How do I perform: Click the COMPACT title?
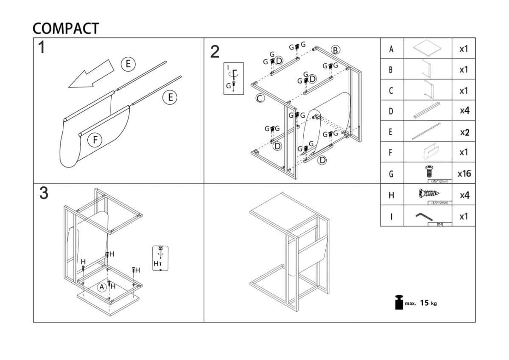pos(66,28)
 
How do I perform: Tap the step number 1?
pos(41,48)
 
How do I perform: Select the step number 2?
pos(215,52)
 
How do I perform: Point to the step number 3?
pos(43,193)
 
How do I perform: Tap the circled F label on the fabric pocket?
pos(95,140)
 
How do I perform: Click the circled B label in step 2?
pos(336,50)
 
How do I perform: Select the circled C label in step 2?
pos(260,98)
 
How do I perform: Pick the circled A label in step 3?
pos(102,287)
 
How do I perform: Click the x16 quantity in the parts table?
pos(464,174)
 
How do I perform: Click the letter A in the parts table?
pos(391,49)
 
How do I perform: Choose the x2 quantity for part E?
pos(464,132)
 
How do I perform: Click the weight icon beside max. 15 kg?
pos(398,302)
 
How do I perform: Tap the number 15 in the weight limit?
pos(424,303)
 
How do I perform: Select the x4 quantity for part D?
pos(464,111)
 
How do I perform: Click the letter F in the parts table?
pos(391,153)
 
